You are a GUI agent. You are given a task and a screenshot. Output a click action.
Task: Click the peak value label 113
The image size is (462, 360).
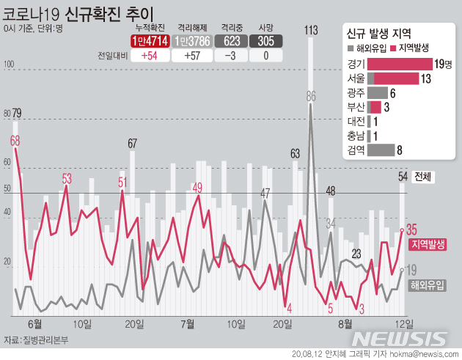pyautogui.click(x=310, y=30)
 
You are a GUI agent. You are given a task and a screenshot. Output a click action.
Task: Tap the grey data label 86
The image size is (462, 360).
pyautogui.click(x=311, y=95)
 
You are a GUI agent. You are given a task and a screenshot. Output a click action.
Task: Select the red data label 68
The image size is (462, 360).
pyautogui.click(x=15, y=139)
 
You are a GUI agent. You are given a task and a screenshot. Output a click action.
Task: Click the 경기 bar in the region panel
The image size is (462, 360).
pyautogui.click(x=399, y=65)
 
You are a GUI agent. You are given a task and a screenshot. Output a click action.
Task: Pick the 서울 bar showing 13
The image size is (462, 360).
pyautogui.click(x=392, y=78)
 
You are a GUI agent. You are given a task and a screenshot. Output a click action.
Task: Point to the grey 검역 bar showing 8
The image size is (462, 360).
pyautogui.click(x=381, y=150)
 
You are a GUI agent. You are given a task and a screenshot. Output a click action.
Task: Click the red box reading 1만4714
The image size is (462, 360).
pyautogui.click(x=149, y=41)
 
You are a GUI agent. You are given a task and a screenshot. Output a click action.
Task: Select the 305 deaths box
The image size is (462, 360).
pyautogui.click(x=266, y=41)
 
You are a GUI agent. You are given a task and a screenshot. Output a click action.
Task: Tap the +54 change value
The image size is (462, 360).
pyautogui.click(x=149, y=56)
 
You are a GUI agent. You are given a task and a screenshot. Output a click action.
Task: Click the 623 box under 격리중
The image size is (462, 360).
pyautogui.click(x=230, y=41)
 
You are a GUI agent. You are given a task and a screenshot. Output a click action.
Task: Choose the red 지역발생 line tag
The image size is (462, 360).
pyautogui.click(x=430, y=244)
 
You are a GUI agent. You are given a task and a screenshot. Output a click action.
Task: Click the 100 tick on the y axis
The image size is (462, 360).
pyautogui.click(x=10, y=65)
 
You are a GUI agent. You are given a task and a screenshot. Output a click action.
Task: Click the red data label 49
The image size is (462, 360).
pyautogui.click(x=197, y=188)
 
